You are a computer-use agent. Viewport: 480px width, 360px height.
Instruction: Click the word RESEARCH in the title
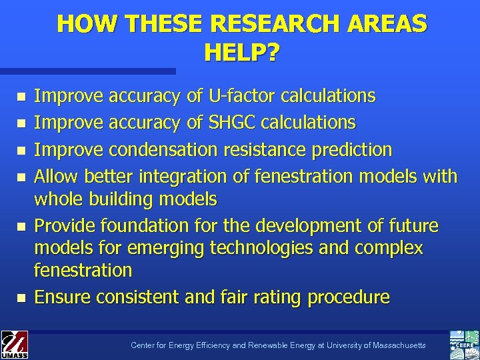pos(283,24)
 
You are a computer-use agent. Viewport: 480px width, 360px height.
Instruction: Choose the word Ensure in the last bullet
pos(64,297)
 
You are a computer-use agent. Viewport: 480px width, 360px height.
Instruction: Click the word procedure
pos(348,297)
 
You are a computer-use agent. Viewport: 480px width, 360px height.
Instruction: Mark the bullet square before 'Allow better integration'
pos(21,177)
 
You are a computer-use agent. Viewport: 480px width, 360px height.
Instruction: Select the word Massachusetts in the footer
pos(393,345)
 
